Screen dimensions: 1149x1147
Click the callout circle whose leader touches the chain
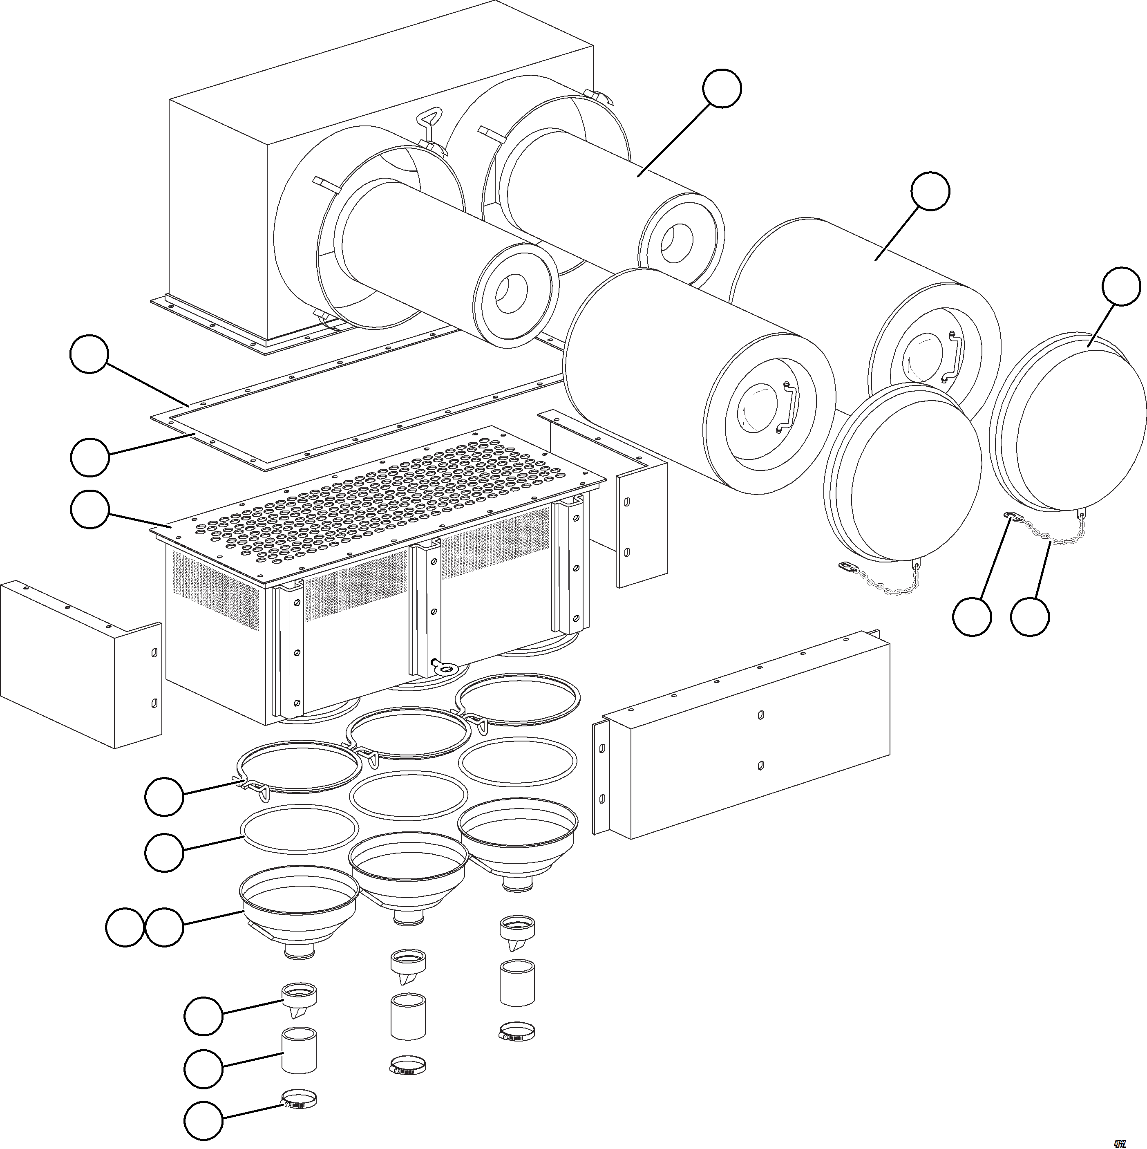tap(1030, 617)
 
